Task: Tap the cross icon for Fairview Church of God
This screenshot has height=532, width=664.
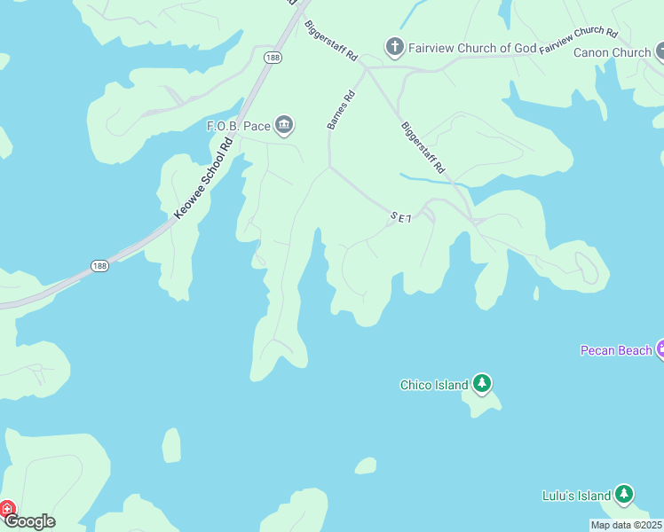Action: coord(394,46)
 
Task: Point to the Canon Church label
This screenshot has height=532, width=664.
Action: coord(612,52)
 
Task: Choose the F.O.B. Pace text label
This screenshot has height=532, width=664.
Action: coord(238,126)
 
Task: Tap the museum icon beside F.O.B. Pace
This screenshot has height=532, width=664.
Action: coord(284,126)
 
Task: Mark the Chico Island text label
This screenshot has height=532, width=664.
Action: coord(434,385)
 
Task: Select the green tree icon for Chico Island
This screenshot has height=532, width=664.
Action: coord(482,384)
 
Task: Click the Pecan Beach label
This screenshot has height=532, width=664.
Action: coord(616,350)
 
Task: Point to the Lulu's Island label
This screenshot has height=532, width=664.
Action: coord(577,496)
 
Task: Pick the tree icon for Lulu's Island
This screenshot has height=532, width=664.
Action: coord(625,495)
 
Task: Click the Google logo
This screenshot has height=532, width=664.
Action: coord(30,521)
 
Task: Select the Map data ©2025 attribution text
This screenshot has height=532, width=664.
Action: coord(626,525)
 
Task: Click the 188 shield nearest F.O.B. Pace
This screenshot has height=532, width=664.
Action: coord(272,57)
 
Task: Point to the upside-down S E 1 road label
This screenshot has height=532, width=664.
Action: coord(401,216)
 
